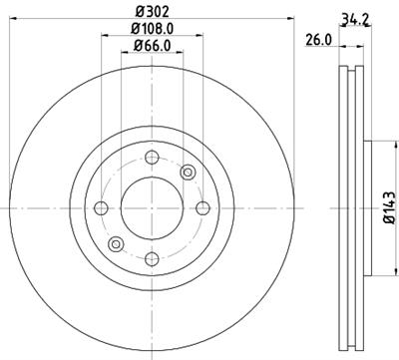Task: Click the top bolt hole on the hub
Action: [151, 157]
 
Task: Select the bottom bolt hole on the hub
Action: [151, 258]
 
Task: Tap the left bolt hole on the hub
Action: [100, 207]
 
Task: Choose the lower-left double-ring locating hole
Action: [116, 242]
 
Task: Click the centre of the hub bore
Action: [151, 207]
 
